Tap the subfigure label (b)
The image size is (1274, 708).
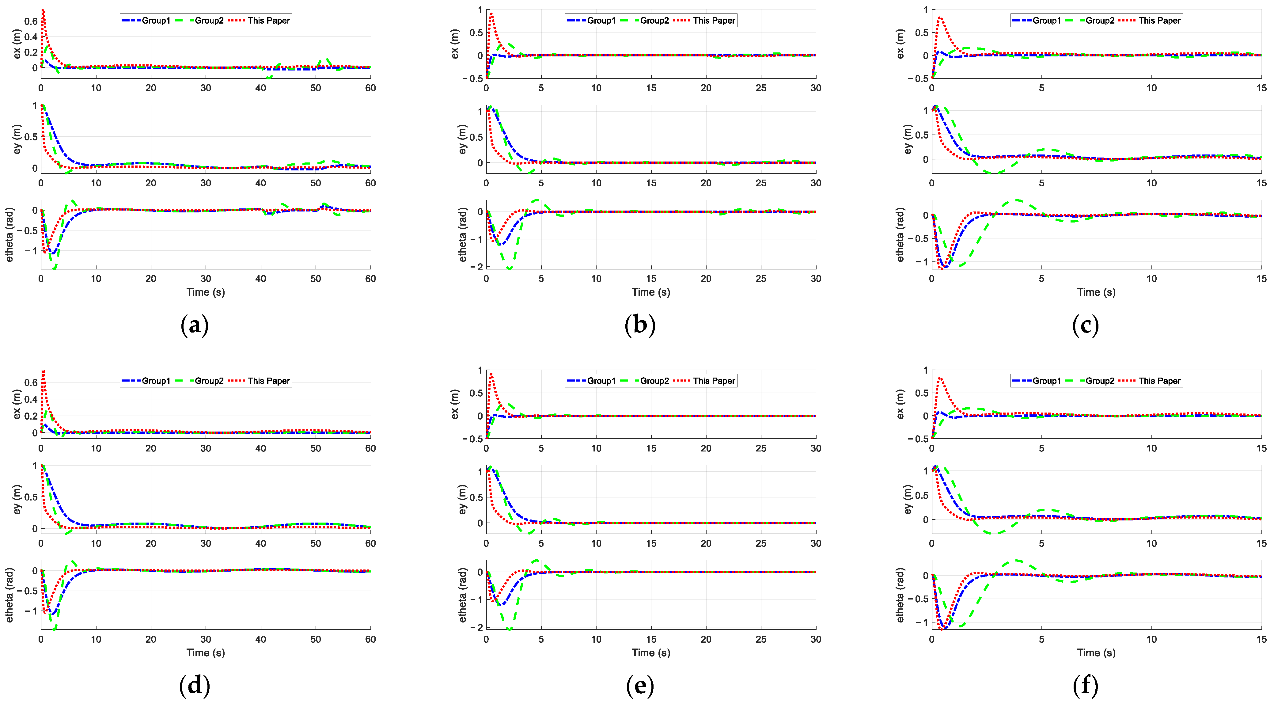tap(640, 325)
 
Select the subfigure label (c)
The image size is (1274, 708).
tap(1086, 325)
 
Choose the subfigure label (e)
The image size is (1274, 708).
tap(640, 685)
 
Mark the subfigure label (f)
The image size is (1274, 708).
tap(1086, 685)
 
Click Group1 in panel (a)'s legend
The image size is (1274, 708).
tap(156, 20)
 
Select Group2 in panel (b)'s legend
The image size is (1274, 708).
tap(654, 20)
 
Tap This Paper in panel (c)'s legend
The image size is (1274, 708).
tap(1159, 20)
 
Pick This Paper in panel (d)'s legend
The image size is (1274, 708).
tap(268, 380)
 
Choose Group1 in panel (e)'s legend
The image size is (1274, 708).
tap(601, 380)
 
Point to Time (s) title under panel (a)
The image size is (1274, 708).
tap(206, 292)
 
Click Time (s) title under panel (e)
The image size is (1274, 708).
tap(651, 653)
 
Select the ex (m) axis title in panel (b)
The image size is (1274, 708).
tap(456, 44)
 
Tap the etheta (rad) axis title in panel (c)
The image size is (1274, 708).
tap(901, 234)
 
